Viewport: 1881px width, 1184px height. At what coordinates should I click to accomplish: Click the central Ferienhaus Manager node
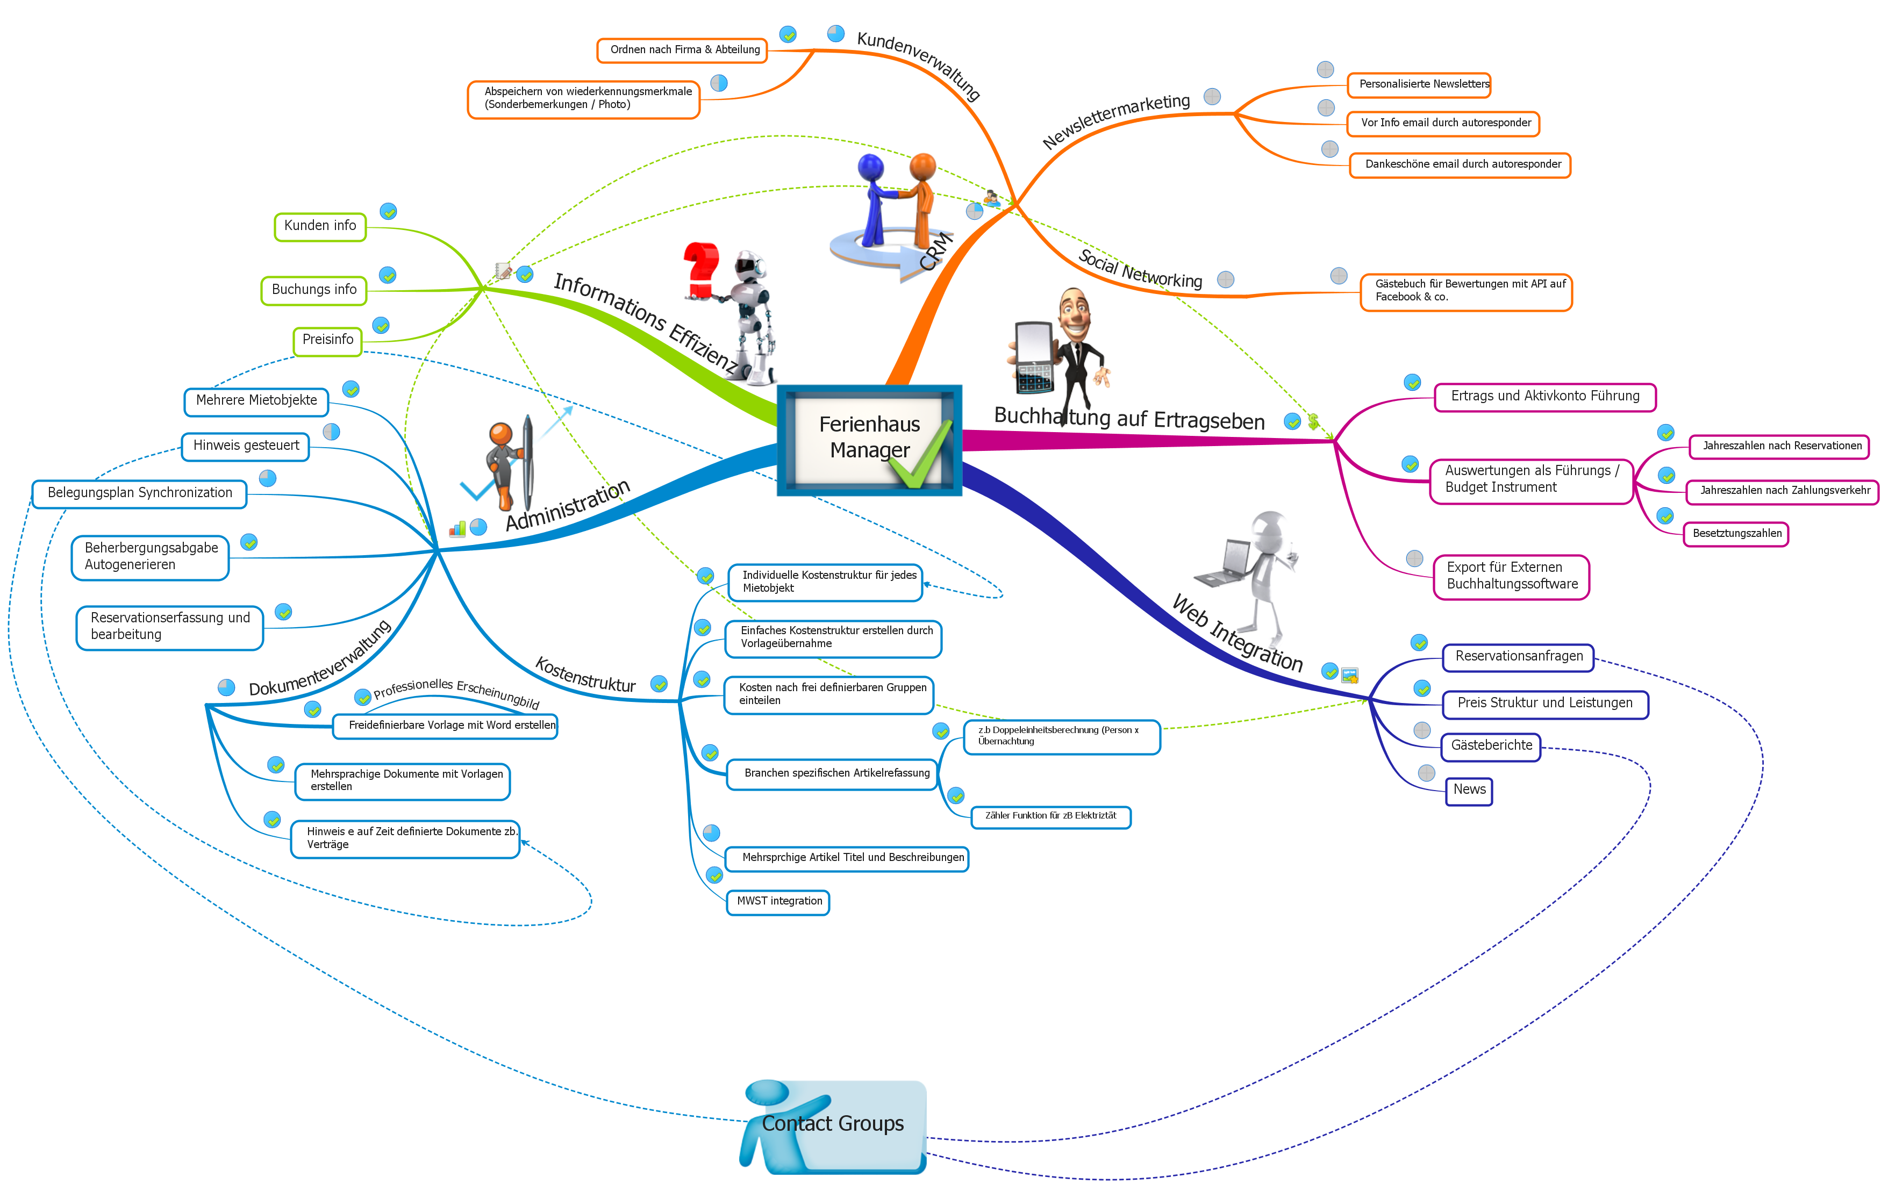pyautogui.click(x=869, y=440)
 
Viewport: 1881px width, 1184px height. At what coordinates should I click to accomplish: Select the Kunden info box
pyautogui.click(x=320, y=226)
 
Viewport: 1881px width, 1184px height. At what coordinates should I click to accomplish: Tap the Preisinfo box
pyautogui.click(x=328, y=341)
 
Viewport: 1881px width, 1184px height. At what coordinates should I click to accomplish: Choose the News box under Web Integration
pyautogui.click(x=1469, y=791)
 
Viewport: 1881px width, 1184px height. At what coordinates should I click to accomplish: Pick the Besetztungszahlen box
pyautogui.click(x=1736, y=534)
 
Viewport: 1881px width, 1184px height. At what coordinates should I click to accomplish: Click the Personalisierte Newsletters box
pyautogui.click(x=1419, y=84)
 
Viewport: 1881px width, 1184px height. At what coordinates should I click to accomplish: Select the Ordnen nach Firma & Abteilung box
pyautogui.click(x=683, y=50)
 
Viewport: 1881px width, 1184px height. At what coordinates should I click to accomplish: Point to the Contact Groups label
pyautogui.click(x=833, y=1124)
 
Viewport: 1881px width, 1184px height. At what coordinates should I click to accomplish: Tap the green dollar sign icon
pyautogui.click(x=1313, y=422)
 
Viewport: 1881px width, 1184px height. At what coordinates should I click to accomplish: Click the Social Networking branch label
pyautogui.click(x=1140, y=269)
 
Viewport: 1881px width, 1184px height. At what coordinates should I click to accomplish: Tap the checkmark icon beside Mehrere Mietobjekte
pyautogui.click(x=352, y=389)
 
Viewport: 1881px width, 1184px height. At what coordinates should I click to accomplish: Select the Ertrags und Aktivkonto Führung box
pyautogui.click(x=1545, y=397)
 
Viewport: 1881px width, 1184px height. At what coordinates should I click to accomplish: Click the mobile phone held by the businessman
pyautogui.click(x=1033, y=358)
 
